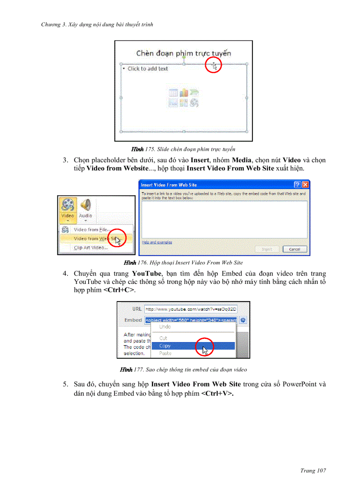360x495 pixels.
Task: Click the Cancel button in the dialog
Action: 294,249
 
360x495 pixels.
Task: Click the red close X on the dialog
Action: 305,185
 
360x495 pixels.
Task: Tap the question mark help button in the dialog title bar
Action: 298,185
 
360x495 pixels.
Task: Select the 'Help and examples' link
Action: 157,242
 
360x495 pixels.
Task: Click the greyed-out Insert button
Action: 267,249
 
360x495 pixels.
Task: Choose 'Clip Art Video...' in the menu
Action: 91,248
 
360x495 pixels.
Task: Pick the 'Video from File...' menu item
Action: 91,230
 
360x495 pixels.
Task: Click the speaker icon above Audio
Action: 85,205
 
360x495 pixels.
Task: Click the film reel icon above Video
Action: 67,205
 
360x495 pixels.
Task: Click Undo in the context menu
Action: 165,327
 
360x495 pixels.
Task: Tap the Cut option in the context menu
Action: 163,338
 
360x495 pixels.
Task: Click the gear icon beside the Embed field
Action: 243,320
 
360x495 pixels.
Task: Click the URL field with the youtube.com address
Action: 191,309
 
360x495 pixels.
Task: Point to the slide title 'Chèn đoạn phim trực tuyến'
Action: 184,53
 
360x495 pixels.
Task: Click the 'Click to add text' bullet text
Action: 148,69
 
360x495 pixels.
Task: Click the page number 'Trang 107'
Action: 313,471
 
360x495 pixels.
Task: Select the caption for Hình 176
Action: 184,263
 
